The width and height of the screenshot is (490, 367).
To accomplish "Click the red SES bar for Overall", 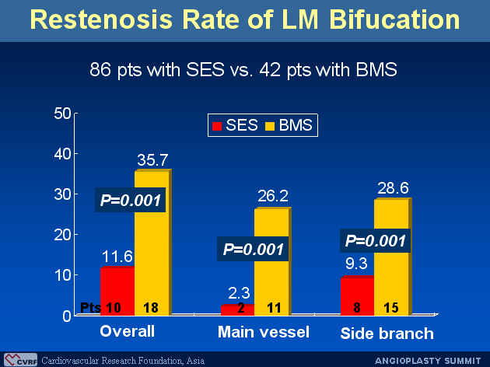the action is (x=117, y=291).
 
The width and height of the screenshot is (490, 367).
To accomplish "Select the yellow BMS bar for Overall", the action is (x=153, y=243).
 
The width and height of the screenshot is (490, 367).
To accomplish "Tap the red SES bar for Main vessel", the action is (x=237, y=309).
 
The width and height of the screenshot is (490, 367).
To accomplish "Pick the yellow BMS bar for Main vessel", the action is (x=273, y=262).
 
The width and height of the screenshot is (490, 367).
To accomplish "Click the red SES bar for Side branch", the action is (x=357, y=295).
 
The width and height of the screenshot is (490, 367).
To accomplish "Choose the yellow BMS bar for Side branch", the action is (x=393, y=257).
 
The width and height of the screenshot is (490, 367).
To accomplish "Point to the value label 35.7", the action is (x=152, y=160).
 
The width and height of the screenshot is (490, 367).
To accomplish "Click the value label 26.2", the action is (x=273, y=196).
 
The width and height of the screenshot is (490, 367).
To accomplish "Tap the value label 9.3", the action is (x=356, y=264).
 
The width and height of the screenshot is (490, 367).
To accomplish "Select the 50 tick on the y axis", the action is (x=62, y=114).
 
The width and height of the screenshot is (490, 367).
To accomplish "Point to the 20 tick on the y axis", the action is (x=62, y=235).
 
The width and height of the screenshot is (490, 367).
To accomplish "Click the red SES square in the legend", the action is (x=217, y=126).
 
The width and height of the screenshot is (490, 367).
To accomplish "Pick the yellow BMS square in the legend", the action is (x=270, y=126).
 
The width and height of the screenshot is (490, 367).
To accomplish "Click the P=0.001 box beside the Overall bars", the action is (x=131, y=200).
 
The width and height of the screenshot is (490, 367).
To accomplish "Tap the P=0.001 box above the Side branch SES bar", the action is (x=376, y=240).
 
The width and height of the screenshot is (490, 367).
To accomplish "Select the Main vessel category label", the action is (x=264, y=332).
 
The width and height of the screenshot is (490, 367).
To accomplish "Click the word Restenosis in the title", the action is (x=101, y=19).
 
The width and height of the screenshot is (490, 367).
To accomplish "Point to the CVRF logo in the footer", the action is (x=21, y=360).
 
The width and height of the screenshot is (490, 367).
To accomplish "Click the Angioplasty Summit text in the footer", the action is (x=428, y=361).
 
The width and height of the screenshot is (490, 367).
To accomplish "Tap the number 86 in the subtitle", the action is (x=100, y=69).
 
